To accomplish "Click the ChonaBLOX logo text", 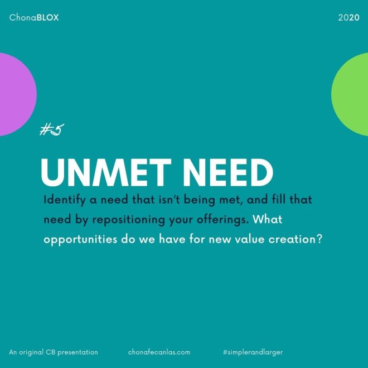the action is [x=34, y=18].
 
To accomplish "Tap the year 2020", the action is [x=348, y=18].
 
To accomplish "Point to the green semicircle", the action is [x=350, y=94].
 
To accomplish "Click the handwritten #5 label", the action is [x=52, y=129].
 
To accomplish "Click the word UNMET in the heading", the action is [x=106, y=172].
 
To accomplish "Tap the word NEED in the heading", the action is [x=228, y=172].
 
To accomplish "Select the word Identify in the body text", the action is [x=65, y=200].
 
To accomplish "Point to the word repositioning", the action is [x=129, y=220].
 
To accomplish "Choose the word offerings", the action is [x=222, y=220].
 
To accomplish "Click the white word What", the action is [x=268, y=219].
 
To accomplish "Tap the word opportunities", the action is [x=80, y=239].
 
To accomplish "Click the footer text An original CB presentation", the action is [x=54, y=352].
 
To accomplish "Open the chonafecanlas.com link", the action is [x=159, y=352].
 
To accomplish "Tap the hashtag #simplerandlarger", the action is [x=253, y=352].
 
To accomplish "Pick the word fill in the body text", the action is [x=279, y=200].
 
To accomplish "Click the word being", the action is [x=199, y=200].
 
